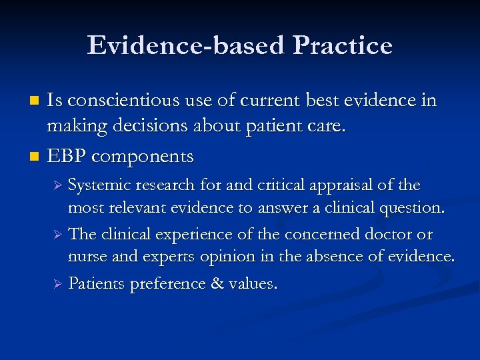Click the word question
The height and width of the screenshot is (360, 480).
pyautogui.click(x=410, y=207)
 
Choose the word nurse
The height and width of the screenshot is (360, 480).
pyautogui.click(x=85, y=257)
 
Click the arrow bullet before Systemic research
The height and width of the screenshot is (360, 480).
pyautogui.click(x=58, y=185)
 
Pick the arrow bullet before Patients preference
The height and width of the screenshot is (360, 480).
pyautogui.click(x=58, y=284)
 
